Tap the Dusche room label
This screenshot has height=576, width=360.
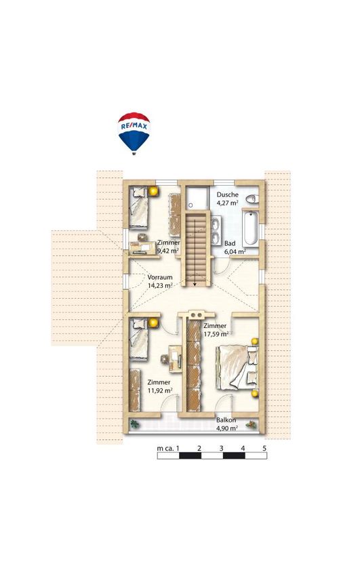click(227, 194)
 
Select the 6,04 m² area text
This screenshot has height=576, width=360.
click(235, 251)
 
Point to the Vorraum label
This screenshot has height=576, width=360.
click(160, 277)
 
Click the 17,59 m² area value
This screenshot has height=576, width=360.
click(216, 334)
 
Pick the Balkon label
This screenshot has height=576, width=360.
click(226, 420)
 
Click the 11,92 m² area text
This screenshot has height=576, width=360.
click(160, 390)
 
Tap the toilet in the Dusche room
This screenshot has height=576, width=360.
click(252, 199)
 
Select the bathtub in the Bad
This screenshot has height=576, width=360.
click(250, 228)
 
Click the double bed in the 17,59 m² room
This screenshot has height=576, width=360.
click(237, 367)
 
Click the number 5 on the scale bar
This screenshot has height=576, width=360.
click(264, 448)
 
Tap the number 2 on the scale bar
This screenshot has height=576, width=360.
click(199, 448)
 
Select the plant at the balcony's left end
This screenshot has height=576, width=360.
click(135, 424)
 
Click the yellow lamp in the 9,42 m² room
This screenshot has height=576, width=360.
click(153, 191)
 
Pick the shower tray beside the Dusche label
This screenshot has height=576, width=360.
click(197, 199)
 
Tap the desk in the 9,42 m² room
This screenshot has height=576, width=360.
click(143, 247)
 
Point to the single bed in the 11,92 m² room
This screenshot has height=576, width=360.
click(139, 340)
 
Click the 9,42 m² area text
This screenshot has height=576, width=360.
click(168, 251)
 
